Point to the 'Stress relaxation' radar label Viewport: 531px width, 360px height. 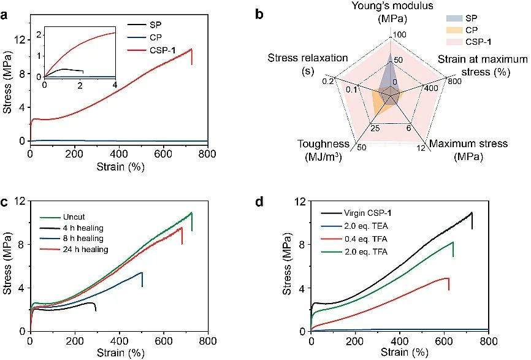pyautogui.click(x=307, y=58)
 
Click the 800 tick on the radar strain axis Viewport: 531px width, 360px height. pyautogui.click(x=454, y=80)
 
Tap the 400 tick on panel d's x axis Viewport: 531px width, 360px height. pyautogui.click(x=400, y=341)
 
